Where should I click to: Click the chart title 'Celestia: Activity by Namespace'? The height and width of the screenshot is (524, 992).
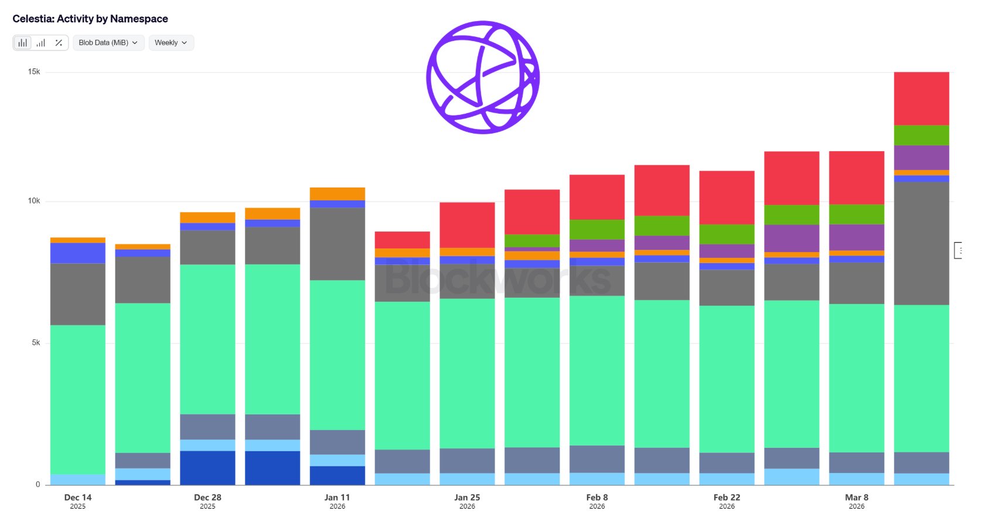(90, 19)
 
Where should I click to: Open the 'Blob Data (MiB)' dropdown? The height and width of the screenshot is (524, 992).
(108, 43)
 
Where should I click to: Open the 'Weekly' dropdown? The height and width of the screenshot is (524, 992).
(171, 43)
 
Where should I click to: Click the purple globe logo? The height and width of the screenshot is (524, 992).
(483, 77)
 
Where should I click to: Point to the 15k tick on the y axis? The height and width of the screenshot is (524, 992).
(34, 72)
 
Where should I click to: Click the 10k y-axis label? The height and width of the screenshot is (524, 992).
(34, 200)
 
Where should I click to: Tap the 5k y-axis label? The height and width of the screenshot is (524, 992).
(36, 342)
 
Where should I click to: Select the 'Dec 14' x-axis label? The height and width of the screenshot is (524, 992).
(78, 498)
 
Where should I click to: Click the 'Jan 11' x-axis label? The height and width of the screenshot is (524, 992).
(337, 498)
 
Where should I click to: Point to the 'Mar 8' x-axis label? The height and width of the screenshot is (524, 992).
(857, 498)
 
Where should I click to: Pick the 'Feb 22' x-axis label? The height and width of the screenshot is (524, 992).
(727, 498)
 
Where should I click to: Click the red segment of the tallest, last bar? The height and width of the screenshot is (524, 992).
(921, 98)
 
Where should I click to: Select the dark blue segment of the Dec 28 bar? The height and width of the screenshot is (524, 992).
(207, 467)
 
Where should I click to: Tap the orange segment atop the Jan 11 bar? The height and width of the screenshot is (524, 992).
(337, 193)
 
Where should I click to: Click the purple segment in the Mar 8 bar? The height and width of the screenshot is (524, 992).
(856, 237)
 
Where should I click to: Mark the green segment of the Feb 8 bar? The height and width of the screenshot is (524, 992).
(596, 229)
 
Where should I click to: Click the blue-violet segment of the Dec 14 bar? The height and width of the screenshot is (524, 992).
(78, 253)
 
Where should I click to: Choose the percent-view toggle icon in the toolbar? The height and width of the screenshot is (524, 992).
(59, 43)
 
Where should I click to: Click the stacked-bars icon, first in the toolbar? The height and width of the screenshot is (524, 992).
(22, 43)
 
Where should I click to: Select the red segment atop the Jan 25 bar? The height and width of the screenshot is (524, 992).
(467, 225)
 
